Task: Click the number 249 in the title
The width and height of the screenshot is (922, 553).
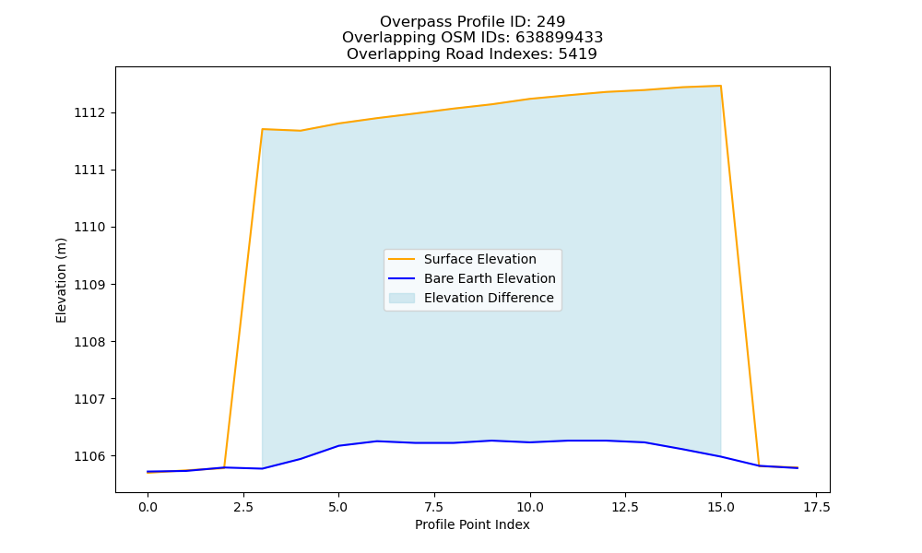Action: click(x=551, y=22)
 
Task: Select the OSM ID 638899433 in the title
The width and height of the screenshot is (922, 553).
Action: click(x=560, y=38)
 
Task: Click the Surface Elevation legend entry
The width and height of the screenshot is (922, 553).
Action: click(x=479, y=259)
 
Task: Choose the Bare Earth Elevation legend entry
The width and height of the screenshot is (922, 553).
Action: click(x=490, y=278)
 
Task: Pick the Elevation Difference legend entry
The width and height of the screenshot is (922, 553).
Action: click(x=489, y=298)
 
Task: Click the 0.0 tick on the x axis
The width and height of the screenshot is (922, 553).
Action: click(x=148, y=507)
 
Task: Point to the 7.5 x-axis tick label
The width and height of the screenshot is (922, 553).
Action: click(x=434, y=507)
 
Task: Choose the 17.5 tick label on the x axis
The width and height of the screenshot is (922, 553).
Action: click(x=816, y=507)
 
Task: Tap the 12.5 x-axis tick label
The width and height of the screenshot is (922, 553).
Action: click(x=625, y=507)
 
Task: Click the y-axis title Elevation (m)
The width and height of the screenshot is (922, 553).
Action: click(x=61, y=280)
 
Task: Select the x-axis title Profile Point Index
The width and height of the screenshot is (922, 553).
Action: click(x=472, y=524)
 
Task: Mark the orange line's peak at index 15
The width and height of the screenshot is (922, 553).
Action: click(x=720, y=86)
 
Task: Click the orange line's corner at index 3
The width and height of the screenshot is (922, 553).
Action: click(x=262, y=129)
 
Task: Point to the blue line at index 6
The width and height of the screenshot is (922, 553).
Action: click(x=376, y=441)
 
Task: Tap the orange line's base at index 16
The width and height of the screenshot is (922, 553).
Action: click(x=759, y=465)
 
